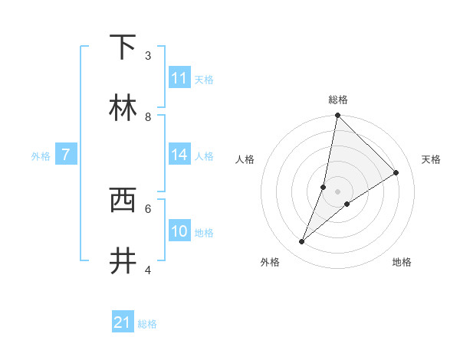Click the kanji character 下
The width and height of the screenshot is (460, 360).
(x=123, y=47)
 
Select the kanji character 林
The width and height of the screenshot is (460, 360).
(x=123, y=107)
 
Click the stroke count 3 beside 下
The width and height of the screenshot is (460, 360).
(x=148, y=55)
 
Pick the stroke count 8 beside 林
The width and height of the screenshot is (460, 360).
(x=148, y=116)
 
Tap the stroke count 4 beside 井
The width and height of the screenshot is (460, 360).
(x=148, y=270)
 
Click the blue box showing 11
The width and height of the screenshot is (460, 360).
(x=179, y=78)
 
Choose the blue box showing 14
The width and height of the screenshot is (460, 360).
(x=179, y=155)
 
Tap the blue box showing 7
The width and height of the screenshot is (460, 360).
(x=66, y=155)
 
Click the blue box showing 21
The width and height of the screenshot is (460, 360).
(x=123, y=322)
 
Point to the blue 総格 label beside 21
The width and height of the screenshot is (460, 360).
(x=147, y=324)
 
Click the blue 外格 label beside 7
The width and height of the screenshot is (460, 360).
(x=41, y=156)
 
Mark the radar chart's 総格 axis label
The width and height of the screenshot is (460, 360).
(x=338, y=100)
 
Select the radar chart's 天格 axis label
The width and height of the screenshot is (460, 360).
(x=432, y=159)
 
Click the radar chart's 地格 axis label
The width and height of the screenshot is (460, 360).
(x=402, y=262)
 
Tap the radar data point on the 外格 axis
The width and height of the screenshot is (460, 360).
(x=302, y=242)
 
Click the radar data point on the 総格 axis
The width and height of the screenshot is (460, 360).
(x=337, y=115)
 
